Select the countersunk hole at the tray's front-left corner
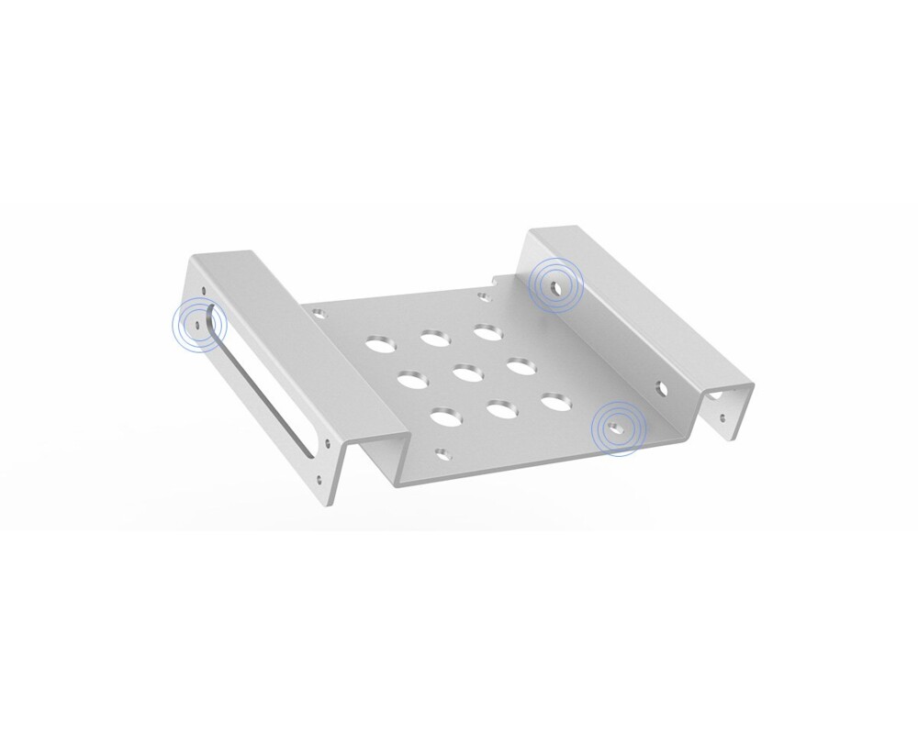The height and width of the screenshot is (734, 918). click(x=443, y=451)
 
